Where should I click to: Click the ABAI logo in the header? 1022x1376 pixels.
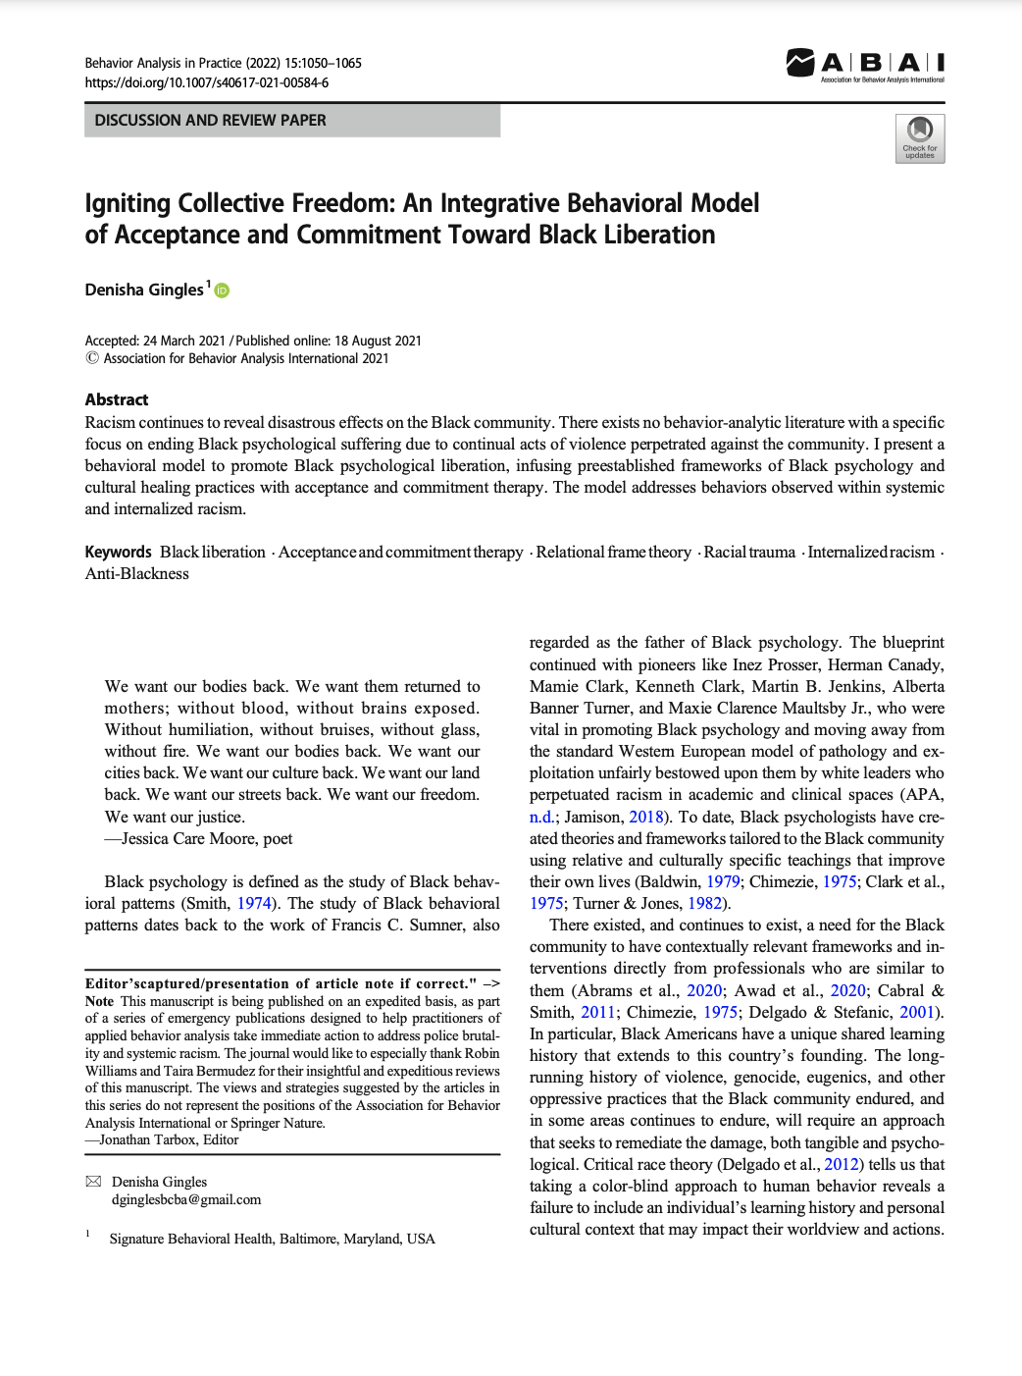[x=864, y=65]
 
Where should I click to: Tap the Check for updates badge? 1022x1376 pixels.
[x=919, y=138]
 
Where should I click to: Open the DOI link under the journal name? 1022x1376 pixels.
[x=207, y=83]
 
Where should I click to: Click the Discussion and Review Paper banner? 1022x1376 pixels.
[x=291, y=121]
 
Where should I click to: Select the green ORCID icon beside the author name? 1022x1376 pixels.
[x=222, y=291]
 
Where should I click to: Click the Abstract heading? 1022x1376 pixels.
[x=117, y=399]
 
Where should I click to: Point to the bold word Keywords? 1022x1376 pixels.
[x=118, y=553]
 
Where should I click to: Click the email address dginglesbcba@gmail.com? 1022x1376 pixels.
[x=186, y=1199]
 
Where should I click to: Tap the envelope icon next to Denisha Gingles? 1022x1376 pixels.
[x=94, y=1182]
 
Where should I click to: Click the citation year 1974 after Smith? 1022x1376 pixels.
[x=254, y=903]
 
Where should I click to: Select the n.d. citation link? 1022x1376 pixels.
[x=541, y=817]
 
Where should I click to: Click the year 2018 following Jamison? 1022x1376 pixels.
[x=646, y=817]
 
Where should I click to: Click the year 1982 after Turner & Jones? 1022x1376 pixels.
[x=705, y=903]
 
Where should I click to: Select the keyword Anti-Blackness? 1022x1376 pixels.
[x=137, y=574]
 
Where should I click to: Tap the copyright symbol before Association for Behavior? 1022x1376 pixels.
[x=92, y=358]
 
